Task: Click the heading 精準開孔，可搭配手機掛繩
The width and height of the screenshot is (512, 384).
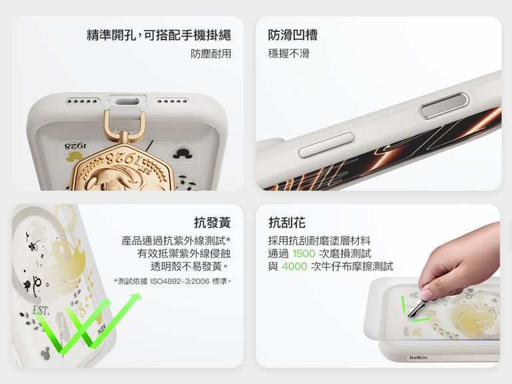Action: pyautogui.click(x=159, y=35)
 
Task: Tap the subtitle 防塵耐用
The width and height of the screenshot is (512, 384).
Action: pyautogui.click(x=211, y=54)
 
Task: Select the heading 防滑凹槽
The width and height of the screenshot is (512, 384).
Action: pyautogui.click(x=293, y=35)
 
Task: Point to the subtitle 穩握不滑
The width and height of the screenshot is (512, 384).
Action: pyautogui.click(x=289, y=54)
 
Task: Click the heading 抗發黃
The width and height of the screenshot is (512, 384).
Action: pyautogui.click(x=212, y=223)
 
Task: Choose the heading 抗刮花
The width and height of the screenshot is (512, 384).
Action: pyautogui.click(x=287, y=223)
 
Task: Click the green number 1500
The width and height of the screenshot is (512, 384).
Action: pyautogui.click(x=303, y=253)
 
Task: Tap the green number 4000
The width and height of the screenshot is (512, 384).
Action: pyautogui.click(x=295, y=267)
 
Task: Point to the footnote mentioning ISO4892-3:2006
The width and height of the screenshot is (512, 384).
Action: pyautogui.click(x=173, y=281)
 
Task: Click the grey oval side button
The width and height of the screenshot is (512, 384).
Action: pyautogui.click(x=438, y=111)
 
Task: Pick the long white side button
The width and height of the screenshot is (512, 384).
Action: pyautogui.click(x=327, y=145)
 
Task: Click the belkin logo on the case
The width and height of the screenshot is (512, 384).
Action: pyautogui.click(x=418, y=358)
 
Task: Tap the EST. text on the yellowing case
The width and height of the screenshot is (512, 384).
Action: pyautogui.click(x=41, y=311)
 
